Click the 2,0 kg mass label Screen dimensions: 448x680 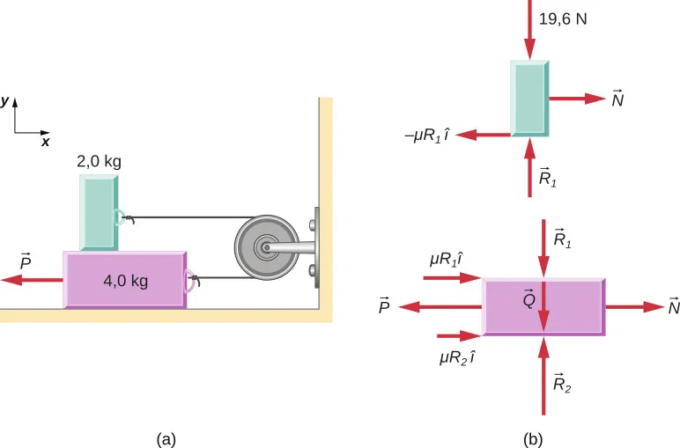point(99,162)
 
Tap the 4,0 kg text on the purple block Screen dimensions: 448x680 point(124,283)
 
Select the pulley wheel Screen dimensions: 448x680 point(264,249)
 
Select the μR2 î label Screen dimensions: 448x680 point(456,358)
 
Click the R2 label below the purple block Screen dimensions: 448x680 point(562,383)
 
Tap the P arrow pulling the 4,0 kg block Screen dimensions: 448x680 point(31,280)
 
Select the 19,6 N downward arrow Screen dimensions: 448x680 point(529,31)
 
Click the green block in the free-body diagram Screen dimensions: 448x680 point(529,99)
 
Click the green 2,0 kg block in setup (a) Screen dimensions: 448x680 point(98,212)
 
